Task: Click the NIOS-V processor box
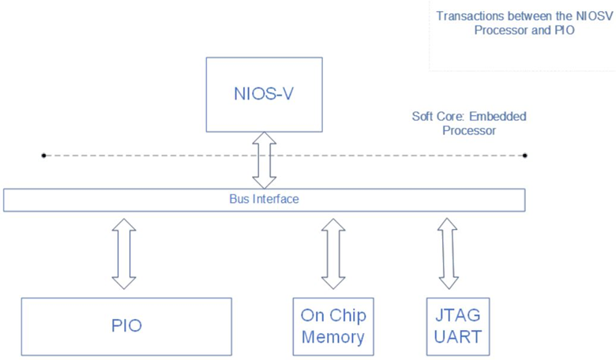click(x=264, y=94)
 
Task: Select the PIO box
click(x=126, y=325)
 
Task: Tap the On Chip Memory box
click(x=332, y=326)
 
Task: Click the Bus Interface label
click(x=264, y=200)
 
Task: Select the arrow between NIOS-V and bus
click(x=264, y=159)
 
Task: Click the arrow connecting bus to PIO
click(x=124, y=253)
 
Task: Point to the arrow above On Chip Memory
click(x=333, y=253)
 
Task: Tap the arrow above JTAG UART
click(x=449, y=253)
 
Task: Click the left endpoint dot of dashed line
click(x=43, y=156)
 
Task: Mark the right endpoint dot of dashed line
click(x=525, y=156)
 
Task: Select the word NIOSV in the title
click(x=594, y=16)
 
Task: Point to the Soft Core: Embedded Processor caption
click(x=469, y=123)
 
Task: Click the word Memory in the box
click(x=332, y=337)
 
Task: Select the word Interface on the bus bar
click(x=276, y=200)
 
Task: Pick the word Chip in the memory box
click(x=348, y=316)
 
